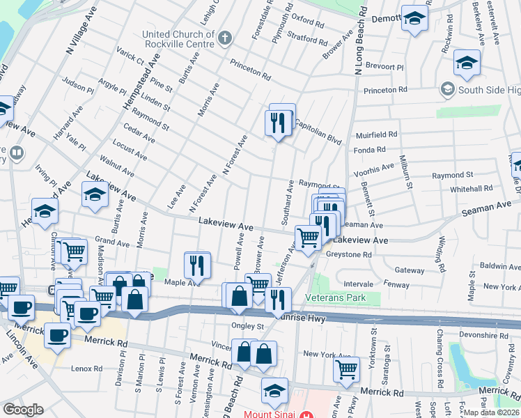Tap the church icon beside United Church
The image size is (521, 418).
224,38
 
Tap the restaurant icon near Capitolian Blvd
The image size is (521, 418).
278,123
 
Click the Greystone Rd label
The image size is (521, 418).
348,254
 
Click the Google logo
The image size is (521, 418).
23,410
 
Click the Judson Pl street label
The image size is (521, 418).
77,88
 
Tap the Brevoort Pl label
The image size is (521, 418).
385,68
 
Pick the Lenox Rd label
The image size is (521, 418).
88,369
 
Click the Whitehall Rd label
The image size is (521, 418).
472,188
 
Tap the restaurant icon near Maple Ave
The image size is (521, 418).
197,265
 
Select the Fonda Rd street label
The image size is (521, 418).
370,150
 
